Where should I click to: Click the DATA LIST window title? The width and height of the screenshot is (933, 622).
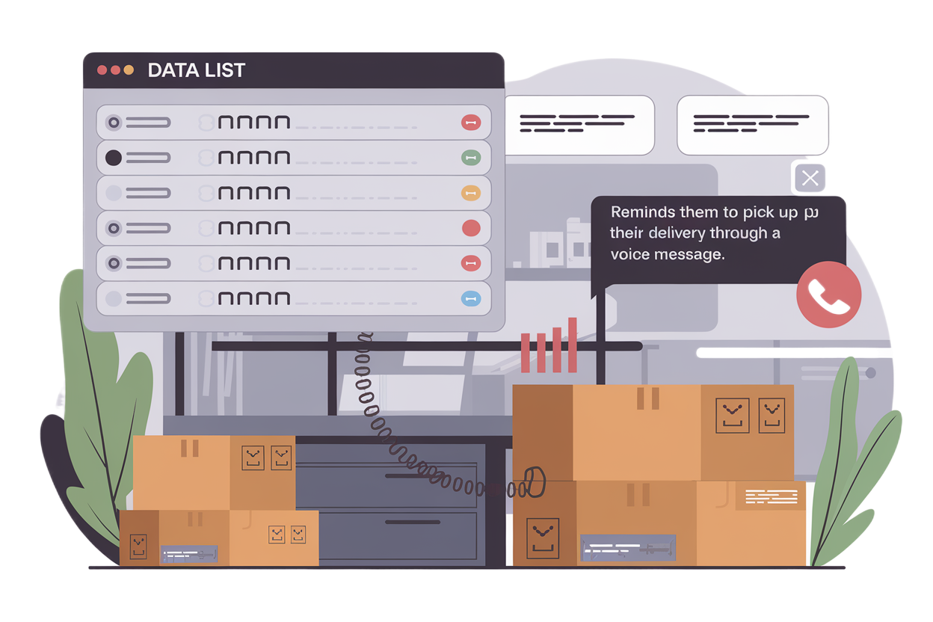[x=196, y=71]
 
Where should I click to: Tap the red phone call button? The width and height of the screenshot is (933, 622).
[x=828, y=295]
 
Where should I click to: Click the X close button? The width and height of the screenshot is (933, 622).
[x=810, y=179]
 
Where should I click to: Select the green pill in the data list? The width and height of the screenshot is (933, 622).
[x=470, y=157]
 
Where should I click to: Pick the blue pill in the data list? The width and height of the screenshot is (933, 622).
[x=470, y=299]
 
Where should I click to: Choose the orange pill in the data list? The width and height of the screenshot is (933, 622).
[x=470, y=193]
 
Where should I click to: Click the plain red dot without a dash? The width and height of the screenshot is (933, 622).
[x=471, y=228]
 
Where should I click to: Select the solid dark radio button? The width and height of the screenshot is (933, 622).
[x=114, y=158]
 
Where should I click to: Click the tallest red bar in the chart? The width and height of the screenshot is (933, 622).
[x=573, y=345]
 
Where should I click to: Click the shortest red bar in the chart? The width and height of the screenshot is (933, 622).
[x=525, y=352]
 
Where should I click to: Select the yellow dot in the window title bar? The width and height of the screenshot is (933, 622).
[x=129, y=70]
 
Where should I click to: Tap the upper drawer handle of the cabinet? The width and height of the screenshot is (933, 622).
[x=419, y=475]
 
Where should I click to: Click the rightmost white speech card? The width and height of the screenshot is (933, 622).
[x=753, y=125]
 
